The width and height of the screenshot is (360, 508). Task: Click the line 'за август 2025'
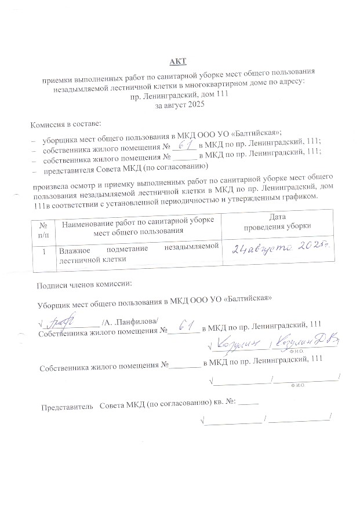[176, 107]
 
